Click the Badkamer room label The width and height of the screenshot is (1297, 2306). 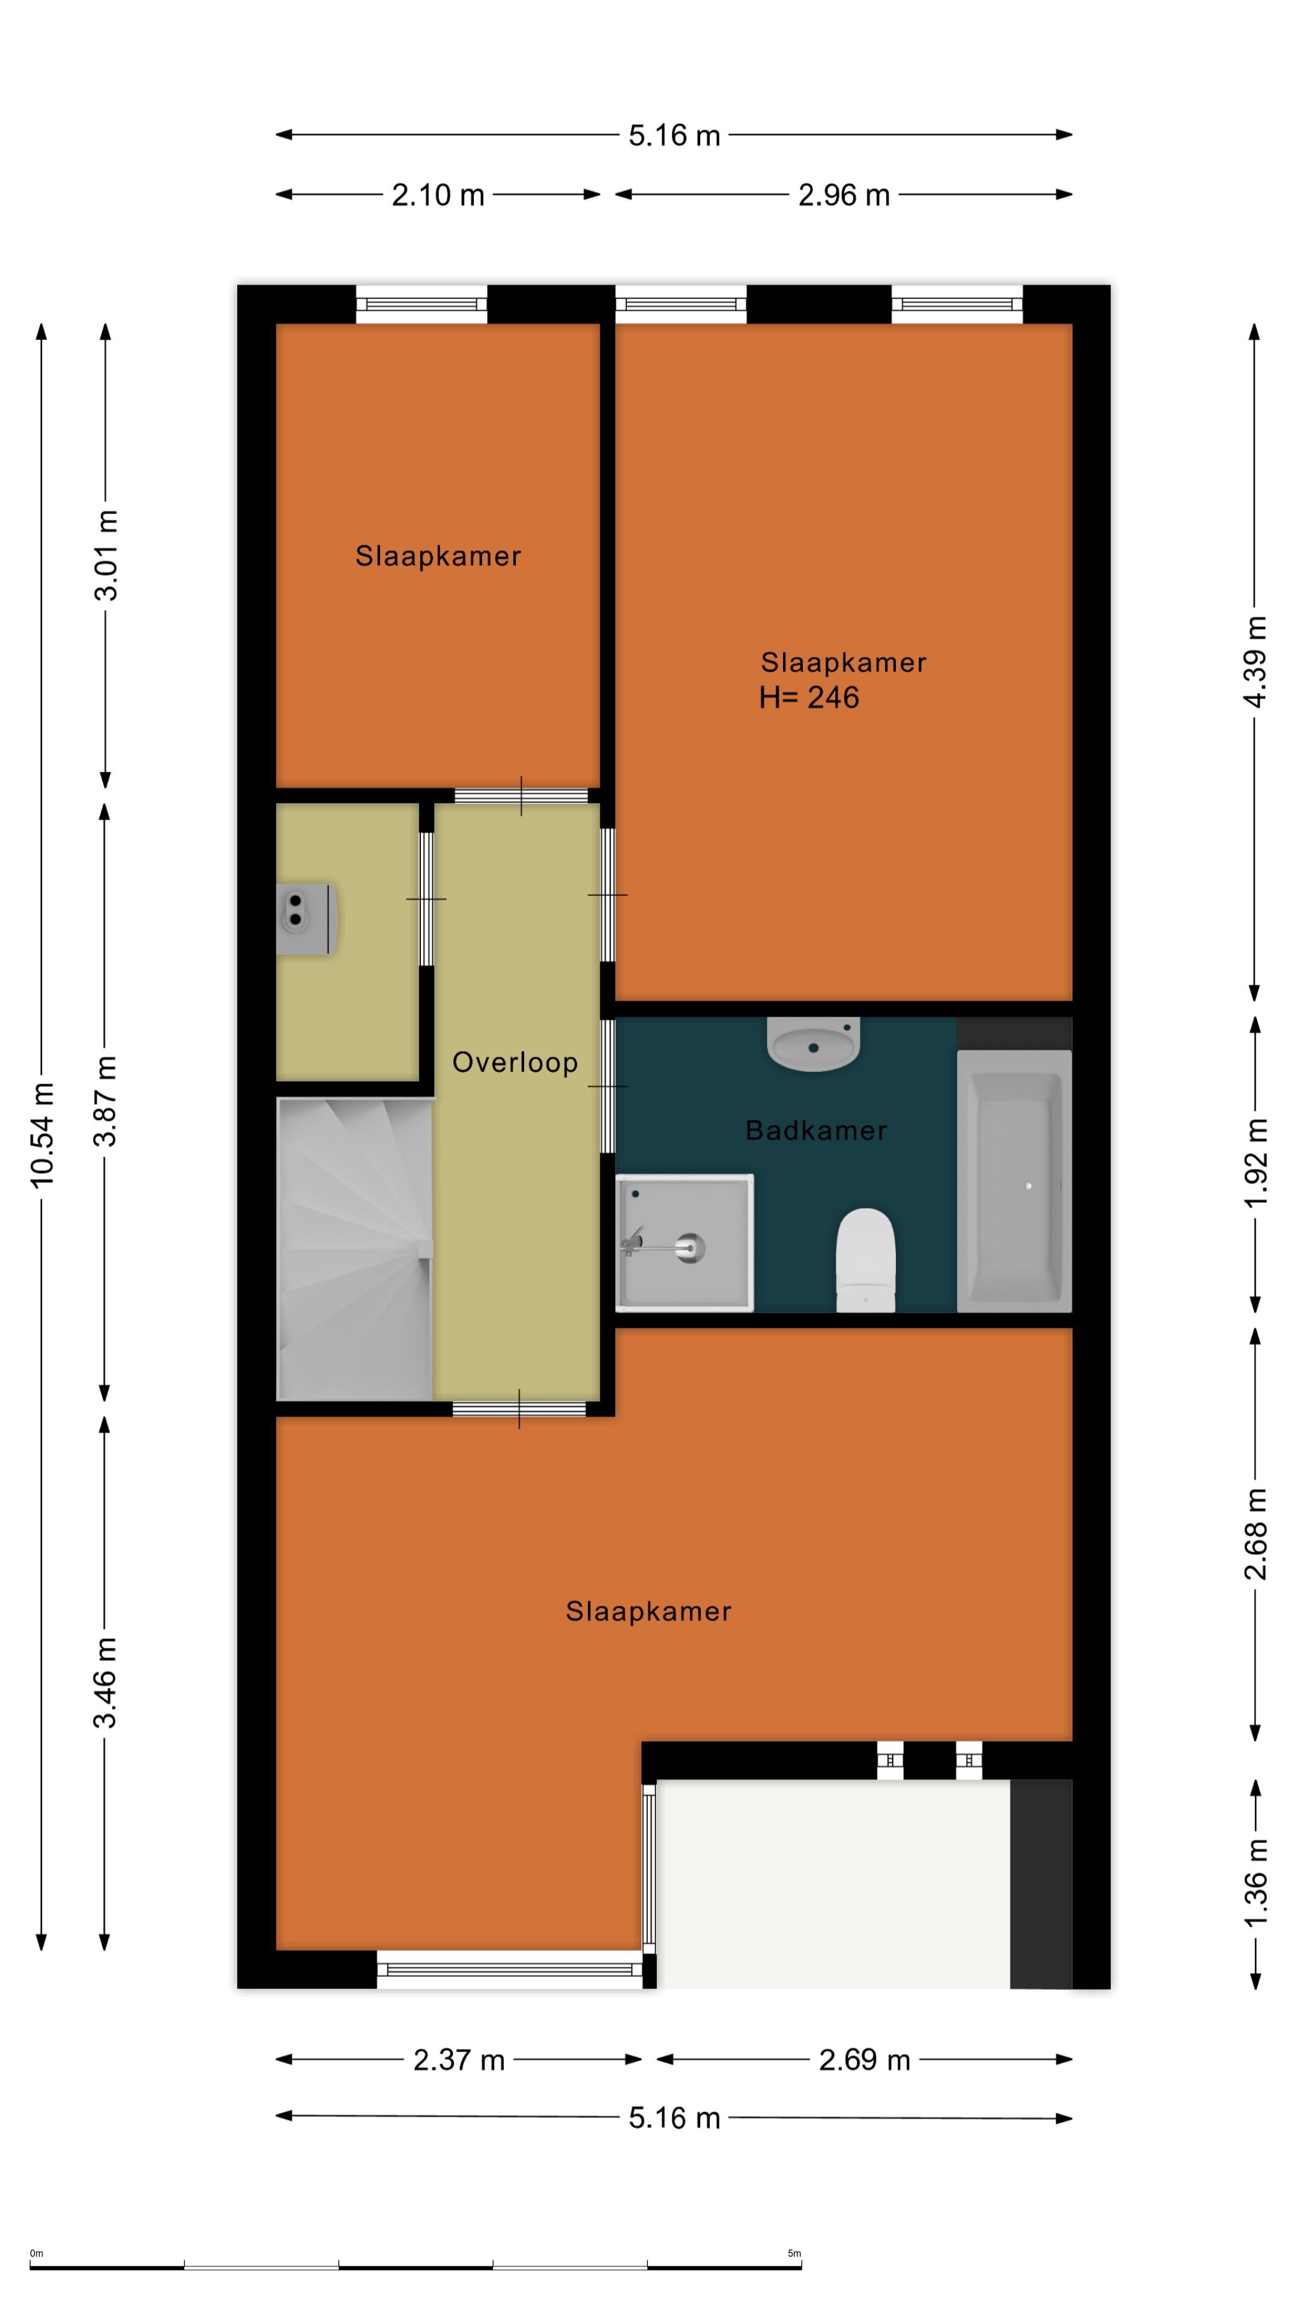(815, 1131)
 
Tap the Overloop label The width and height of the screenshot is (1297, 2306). (515, 1062)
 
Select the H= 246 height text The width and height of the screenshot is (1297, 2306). (809, 697)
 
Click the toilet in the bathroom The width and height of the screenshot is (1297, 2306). (865, 1259)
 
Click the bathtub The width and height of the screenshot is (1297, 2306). (1014, 1181)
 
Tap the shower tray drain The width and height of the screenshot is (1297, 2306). (690, 1248)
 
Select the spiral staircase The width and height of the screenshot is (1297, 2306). (355, 1249)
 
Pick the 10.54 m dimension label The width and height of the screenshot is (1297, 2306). (42, 1135)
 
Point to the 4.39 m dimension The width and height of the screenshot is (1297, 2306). (1255, 662)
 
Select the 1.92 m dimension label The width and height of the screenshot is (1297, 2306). (1255, 1162)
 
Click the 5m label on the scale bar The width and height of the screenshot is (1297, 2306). (794, 2253)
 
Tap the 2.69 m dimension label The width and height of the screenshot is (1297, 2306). (865, 2060)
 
